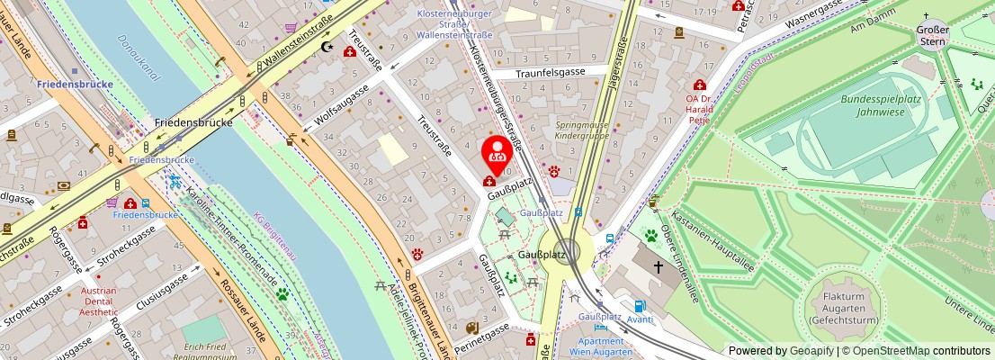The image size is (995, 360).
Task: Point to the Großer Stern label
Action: [932, 35]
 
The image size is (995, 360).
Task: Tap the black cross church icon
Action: [659, 267]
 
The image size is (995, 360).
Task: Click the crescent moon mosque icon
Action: [326, 46]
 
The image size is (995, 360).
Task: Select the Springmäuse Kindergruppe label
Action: [581, 130]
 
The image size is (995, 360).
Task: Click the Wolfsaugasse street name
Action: [342, 107]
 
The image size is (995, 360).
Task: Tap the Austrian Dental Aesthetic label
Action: [98, 301]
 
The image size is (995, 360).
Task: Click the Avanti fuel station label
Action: [640, 319]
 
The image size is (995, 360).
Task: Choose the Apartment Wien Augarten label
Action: [600, 347]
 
